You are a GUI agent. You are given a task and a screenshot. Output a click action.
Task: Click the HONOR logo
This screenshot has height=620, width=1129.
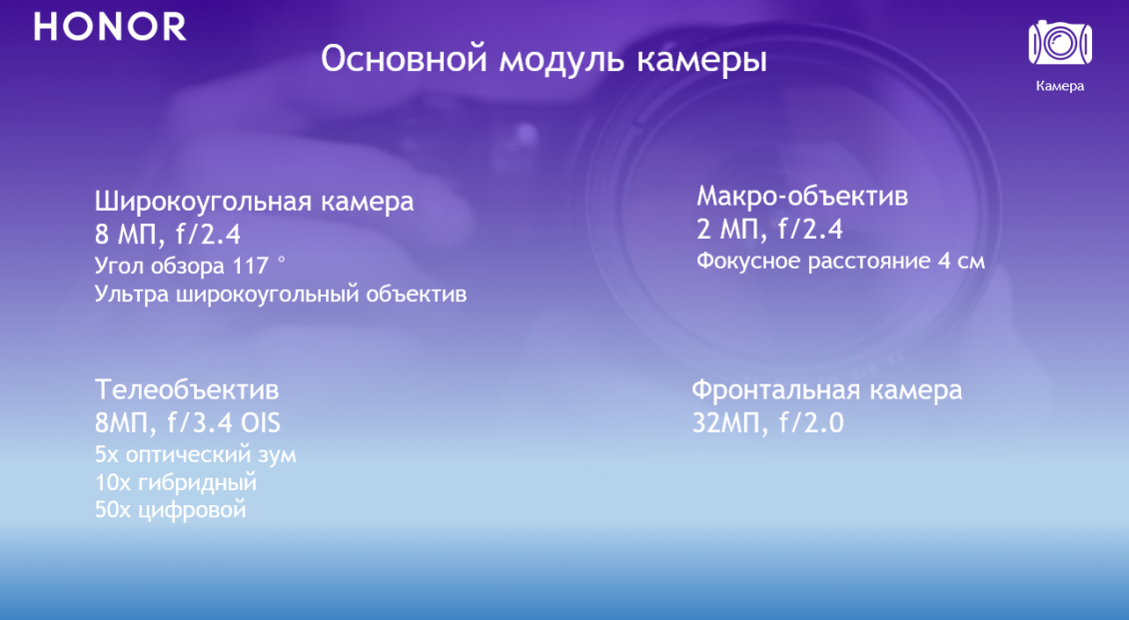(x=110, y=27)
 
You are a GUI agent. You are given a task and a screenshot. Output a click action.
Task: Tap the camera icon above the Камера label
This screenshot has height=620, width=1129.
(x=1059, y=43)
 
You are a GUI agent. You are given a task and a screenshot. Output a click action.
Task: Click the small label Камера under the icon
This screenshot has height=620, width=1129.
(x=1059, y=86)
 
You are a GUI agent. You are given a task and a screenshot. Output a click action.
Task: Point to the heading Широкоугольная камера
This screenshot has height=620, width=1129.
(x=254, y=202)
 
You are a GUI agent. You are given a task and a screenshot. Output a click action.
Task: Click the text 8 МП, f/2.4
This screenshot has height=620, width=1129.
(x=168, y=235)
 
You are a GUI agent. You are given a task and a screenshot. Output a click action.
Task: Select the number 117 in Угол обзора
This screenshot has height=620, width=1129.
(x=250, y=266)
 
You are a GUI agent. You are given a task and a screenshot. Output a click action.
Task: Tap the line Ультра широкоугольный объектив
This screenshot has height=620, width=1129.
(x=281, y=296)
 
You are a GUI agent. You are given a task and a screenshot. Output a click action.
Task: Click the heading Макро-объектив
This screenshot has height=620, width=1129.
(x=802, y=196)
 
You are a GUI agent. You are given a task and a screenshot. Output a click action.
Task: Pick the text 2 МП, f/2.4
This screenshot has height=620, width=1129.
(x=769, y=230)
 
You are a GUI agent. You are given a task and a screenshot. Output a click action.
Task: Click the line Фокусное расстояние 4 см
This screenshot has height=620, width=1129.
(x=840, y=262)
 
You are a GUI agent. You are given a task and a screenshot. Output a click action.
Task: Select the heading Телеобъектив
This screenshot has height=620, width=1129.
(x=187, y=388)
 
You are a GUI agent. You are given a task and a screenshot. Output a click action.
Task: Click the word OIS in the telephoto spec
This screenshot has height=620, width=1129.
(x=260, y=422)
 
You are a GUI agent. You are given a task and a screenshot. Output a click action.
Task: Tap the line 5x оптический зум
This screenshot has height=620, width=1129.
(x=196, y=454)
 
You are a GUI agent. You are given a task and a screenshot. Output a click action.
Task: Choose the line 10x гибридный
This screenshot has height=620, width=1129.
(x=176, y=482)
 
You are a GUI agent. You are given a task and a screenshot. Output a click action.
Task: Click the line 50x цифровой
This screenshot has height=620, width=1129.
(x=170, y=510)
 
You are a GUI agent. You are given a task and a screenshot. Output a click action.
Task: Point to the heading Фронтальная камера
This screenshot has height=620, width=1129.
(x=826, y=389)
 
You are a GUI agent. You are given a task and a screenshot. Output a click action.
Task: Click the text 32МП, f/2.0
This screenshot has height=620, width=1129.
(x=767, y=423)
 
